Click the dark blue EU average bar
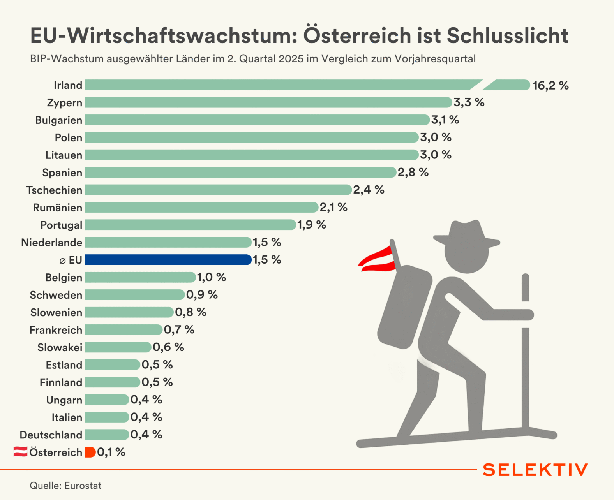tap(168, 260)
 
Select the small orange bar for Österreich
tap(90, 452)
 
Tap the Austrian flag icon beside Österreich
tap(20, 452)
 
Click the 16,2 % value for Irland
tap(550, 85)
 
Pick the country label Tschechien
tap(54, 190)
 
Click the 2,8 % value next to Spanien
tap(413, 172)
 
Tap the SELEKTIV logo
tap(535, 470)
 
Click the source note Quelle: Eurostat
tap(65, 486)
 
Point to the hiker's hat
tap(466, 234)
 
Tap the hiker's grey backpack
tap(405, 306)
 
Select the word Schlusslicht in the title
tap(507, 35)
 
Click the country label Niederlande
tap(51, 243)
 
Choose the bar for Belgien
tap(140, 277)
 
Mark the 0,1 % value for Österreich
tap(111, 452)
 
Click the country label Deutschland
tap(51, 435)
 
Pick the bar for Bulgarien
tap(257, 120)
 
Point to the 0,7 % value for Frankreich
tap(179, 330)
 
